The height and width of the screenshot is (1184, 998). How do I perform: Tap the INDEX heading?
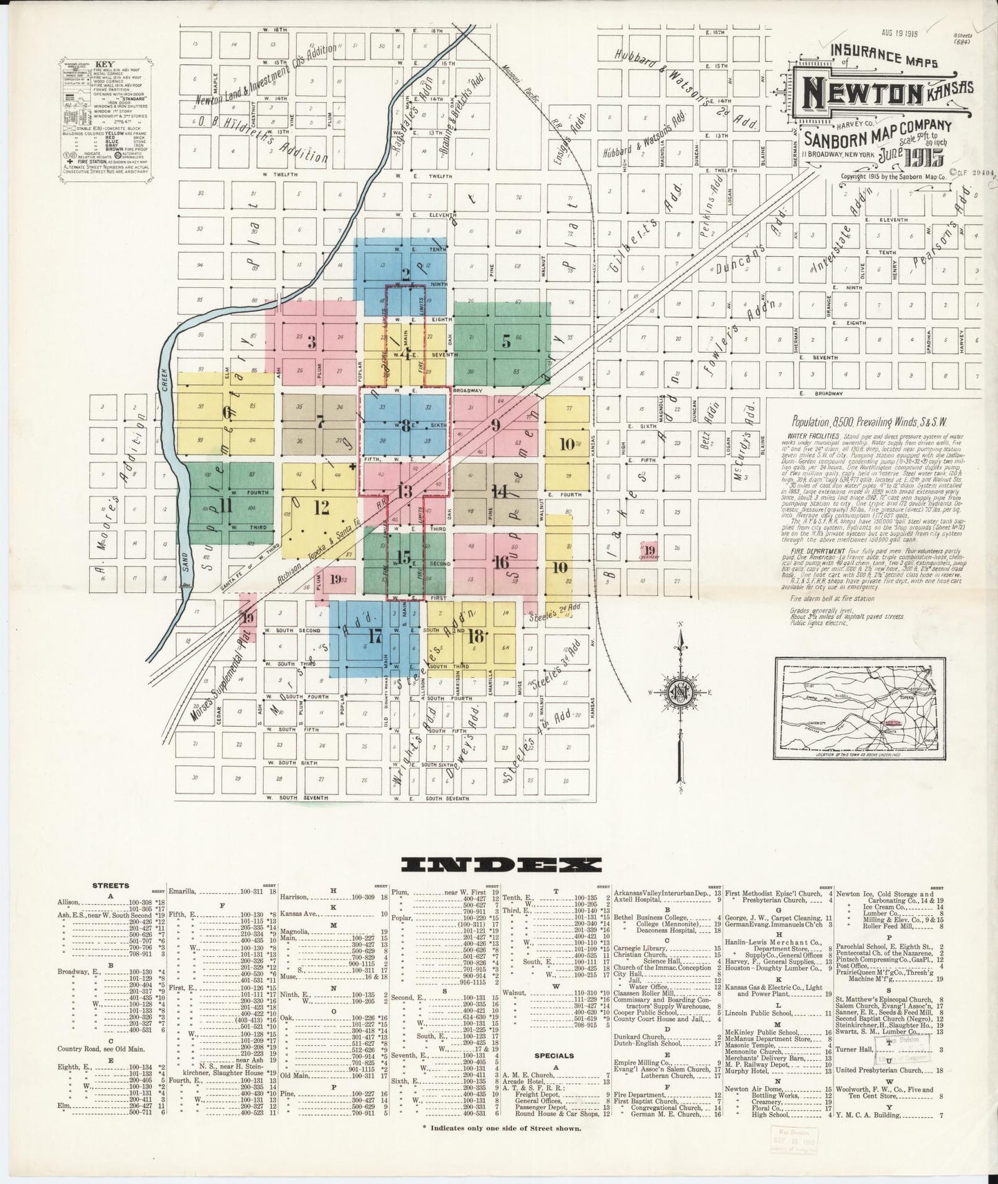pos(502,864)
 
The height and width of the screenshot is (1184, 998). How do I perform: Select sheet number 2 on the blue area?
pos(406,274)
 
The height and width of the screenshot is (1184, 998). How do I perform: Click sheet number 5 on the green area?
pos(506,340)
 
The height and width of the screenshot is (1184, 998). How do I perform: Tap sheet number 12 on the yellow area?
pos(321,508)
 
